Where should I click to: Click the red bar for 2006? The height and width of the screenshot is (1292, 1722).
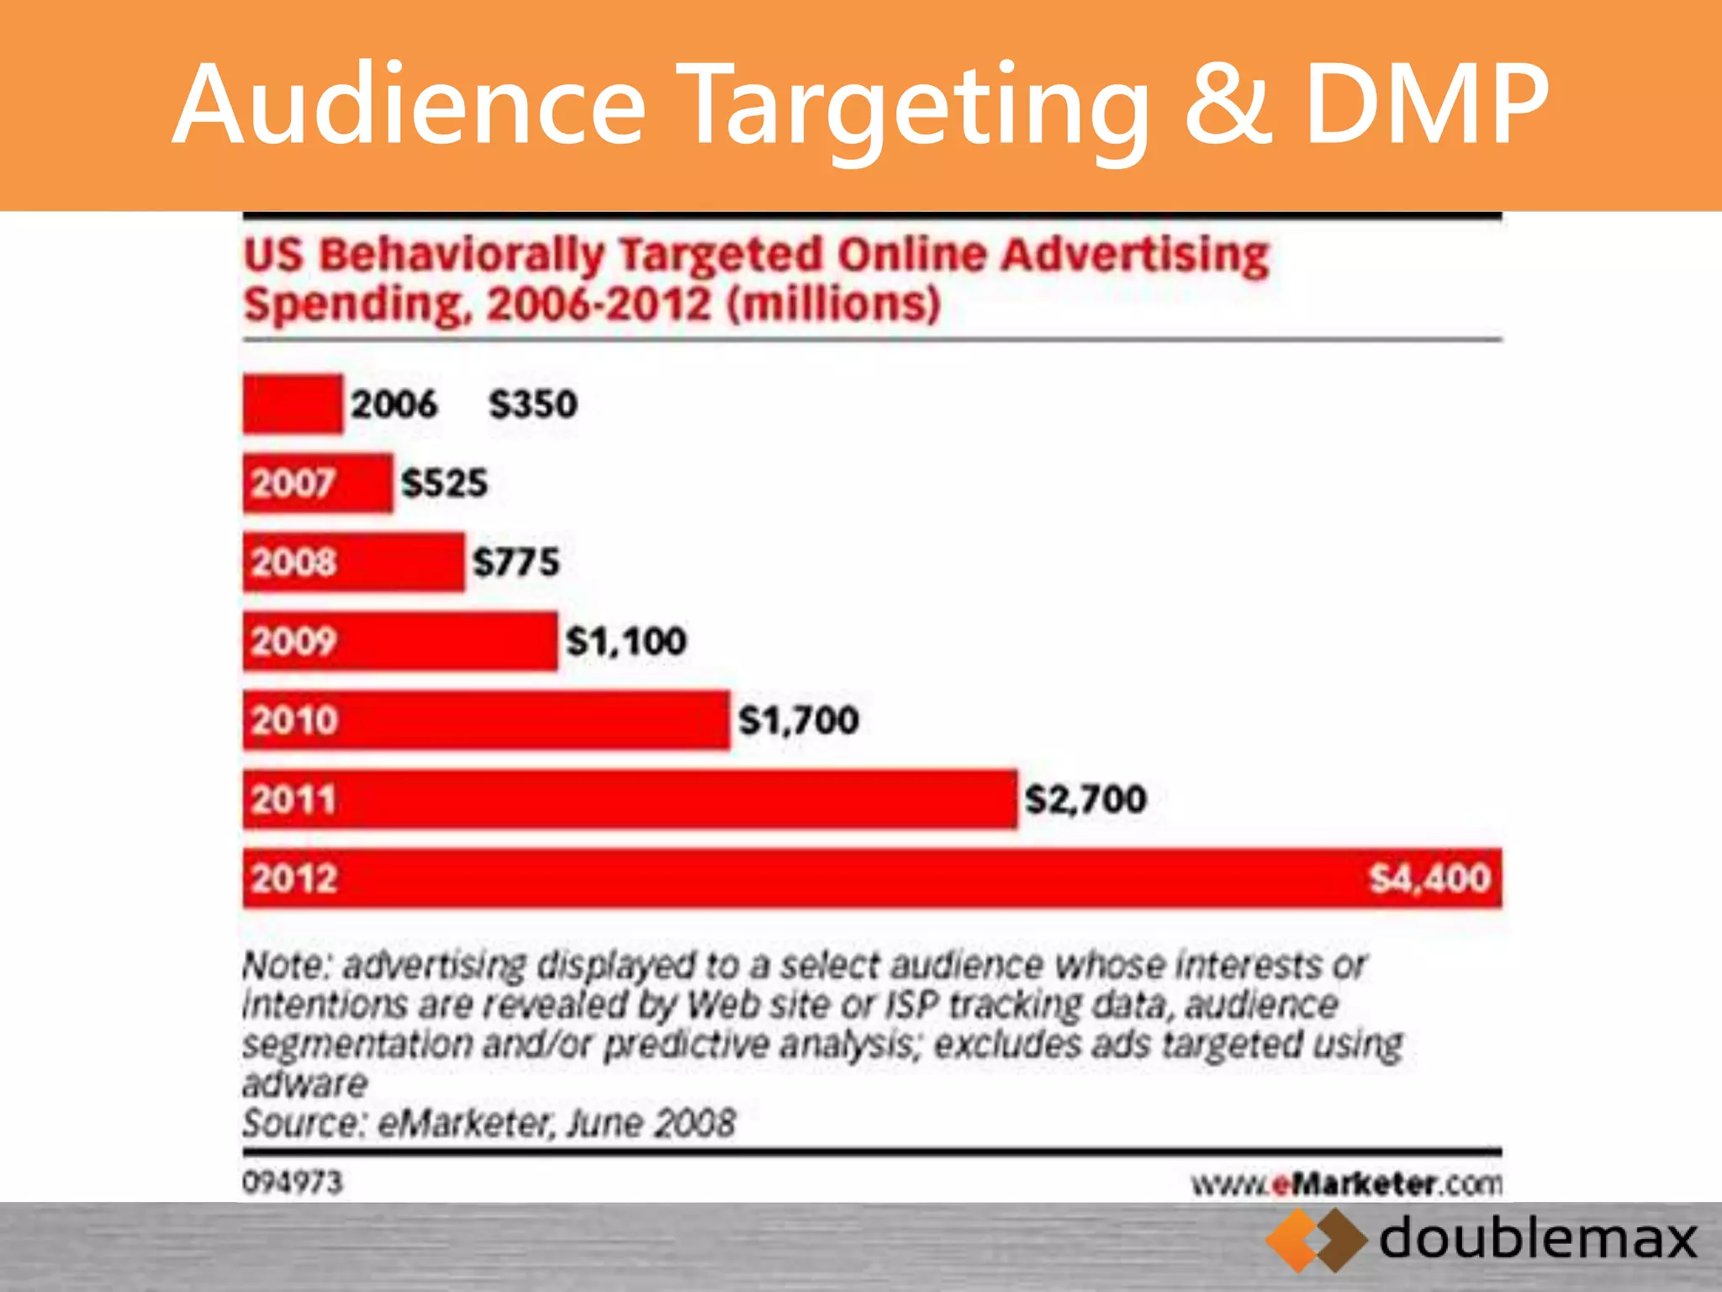pyautogui.click(x=293, y=404)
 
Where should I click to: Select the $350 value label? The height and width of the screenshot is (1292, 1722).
pyautogui.click(x=533, y=404)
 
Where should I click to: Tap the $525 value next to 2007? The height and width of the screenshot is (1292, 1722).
pyautogui.click(x=444, y=483)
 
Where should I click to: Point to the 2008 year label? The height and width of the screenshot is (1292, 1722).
pyautogui.click(x=293, y=562)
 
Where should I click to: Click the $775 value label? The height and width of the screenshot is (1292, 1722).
pyautogui.click(x=515, y=562)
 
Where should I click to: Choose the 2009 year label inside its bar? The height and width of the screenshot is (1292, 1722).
pyautogui.click(x=293, y=641)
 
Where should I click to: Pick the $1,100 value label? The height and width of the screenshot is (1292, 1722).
pyautogui.click(x=626, y=641)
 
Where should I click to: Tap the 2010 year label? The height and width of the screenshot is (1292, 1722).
pyautogui.click(x=293, y=720)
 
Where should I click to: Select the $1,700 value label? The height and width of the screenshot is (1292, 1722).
pyautogui.click(x=798, y=720)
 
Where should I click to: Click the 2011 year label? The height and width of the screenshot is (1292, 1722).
pyautogui.click(x=293, y=799)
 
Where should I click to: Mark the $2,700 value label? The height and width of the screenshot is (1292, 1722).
pyautogui.click(x=1085, y=799)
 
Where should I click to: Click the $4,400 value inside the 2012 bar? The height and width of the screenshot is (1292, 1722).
pyautogui.click(x=1429, y=878)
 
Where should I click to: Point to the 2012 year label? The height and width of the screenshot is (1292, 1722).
pyautogui.click(x=293, y=878)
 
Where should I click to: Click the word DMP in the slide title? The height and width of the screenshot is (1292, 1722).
pyautogui.click(x=1426, y=105)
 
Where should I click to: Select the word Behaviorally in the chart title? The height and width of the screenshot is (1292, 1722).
pyautogui.click(x=462, y=254)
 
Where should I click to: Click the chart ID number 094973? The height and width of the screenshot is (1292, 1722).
pyautogui.click(x=293, y=1182)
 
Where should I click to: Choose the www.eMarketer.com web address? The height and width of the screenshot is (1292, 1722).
pyautogui.click(x=1346, y=1183)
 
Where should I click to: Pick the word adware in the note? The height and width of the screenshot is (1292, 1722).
pyautogui.click(x=304, y=1083)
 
